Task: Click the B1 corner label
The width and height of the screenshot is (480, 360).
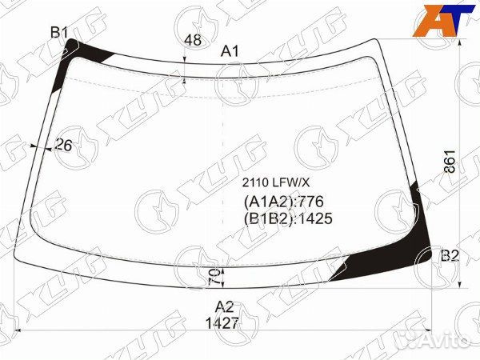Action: tap(59, 32)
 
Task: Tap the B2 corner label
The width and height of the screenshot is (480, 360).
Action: tap(450, 255)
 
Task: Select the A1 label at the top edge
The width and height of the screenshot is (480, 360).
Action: tap(230, 51)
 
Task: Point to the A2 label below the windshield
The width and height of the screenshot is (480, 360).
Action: tap(224, 306)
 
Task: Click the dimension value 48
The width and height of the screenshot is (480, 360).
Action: tap(193, 40)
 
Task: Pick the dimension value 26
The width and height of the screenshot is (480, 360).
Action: tap(63, 145)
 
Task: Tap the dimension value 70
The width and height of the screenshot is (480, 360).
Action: tap(214, 278)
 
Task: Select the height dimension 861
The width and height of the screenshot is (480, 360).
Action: tap(450, 162)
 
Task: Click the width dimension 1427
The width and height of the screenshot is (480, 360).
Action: tap(222, 323)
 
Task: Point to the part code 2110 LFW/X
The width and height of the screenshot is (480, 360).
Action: tap(276, 182)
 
